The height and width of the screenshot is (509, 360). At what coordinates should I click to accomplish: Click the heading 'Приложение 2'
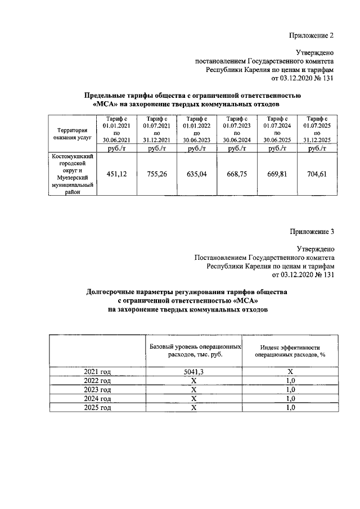(x=312, y=35)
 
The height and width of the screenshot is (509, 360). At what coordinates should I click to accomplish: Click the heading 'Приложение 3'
(x=312, y=232)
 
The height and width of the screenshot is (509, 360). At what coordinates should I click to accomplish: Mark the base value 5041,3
(x=194, y=372)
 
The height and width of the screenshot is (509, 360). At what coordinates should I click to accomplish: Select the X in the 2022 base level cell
(x=194, y=381)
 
